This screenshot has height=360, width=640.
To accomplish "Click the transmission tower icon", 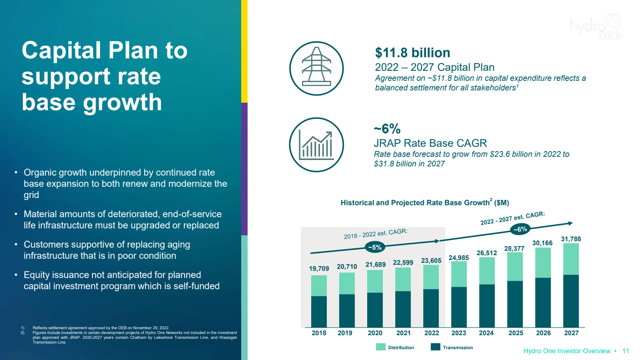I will pyautogui.click(x=316, y=68).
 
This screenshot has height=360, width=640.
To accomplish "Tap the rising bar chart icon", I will pyautogui.click(x=316, y=145).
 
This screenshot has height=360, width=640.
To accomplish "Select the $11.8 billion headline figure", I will pyautogui.click(x=412, y=53).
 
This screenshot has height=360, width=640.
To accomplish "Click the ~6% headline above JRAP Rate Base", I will pyautogui.click(x=387, y=129).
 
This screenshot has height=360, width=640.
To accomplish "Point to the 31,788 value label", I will pyautogui.click(x=571, y=239).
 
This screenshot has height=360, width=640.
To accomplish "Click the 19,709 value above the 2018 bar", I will pyautogui.click(x=319, y=268).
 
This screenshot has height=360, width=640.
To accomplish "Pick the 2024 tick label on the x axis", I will pyautogui.click(x=486, y=333).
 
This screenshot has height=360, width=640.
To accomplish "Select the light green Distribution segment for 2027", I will pyautogui.click(x=571, y=259).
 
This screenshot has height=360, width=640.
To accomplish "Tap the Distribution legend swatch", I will pyautogui.click(x=381, y=347).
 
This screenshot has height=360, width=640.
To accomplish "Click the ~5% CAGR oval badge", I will pyautogui.click(x=375, y=247).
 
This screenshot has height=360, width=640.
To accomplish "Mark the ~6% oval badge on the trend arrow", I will pyautogui.click(x=520, y=229).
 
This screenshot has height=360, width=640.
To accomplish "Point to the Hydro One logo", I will pyautogui.click(x=596, y=27).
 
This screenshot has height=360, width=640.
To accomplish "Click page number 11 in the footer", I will pyautogui.click(x=626, y=351).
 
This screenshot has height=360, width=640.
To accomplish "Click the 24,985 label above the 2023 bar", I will pyautogui.click(x=458, y=258).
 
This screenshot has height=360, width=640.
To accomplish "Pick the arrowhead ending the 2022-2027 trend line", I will pyautogui.click(x=571, y=223).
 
